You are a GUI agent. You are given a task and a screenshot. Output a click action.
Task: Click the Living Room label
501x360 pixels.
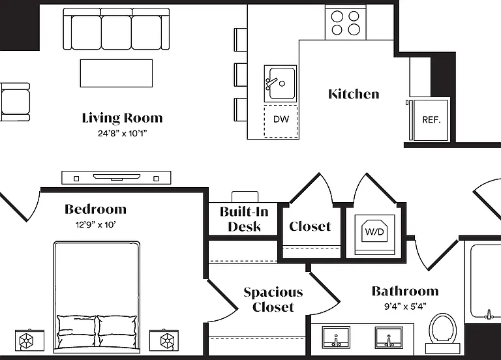[x=123, y=118]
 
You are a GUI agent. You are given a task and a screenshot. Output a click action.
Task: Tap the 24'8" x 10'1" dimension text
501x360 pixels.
[x=123, y=133]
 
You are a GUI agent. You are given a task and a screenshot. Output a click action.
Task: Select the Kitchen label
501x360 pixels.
[x=354, y=94]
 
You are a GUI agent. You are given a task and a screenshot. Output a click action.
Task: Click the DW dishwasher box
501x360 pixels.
[x=281, y=121]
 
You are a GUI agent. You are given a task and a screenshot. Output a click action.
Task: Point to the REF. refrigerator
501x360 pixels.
[x=431, y=120]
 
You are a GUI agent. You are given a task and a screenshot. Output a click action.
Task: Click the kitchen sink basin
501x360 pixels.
[x=281, y=83]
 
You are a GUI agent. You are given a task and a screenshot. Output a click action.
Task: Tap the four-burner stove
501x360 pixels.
[x=345, y=22]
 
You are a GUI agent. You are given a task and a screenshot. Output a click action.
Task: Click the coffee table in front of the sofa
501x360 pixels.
[x=116, y=73]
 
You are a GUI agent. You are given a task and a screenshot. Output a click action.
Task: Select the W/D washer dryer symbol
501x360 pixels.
[x=374, y=231]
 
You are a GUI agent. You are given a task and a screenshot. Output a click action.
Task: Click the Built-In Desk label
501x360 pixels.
[x=244, y=219]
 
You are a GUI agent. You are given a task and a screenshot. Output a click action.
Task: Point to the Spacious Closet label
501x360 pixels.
[x=273, y=299]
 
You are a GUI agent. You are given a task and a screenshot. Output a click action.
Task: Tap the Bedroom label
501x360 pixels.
[x=95, y=209]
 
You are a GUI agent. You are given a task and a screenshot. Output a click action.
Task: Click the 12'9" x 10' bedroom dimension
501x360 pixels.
[x=95, y=225]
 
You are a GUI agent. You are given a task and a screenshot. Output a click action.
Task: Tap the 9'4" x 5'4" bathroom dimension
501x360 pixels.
[x=405, y=307]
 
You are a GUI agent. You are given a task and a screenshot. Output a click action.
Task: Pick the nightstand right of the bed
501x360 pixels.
[x=164, y=340]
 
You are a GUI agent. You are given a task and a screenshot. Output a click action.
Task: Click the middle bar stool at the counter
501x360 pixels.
[x=241, y=75]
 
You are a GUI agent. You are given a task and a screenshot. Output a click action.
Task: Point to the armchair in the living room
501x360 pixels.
[x=15, y=102]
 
